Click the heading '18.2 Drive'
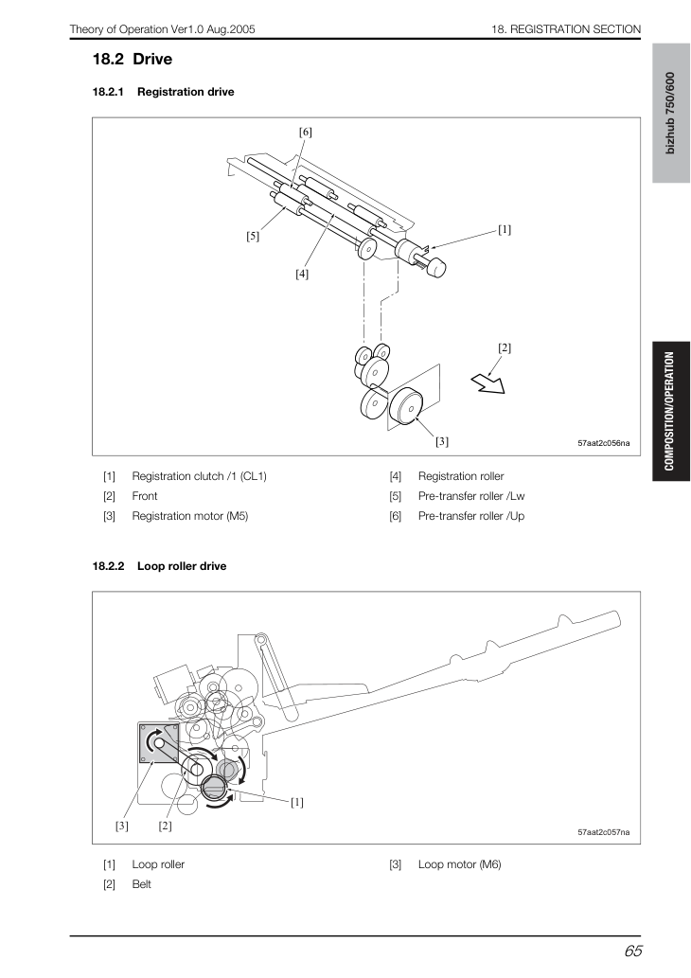point(133,60)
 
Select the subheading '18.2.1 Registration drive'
point(164,92)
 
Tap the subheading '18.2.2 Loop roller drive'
point(159,566)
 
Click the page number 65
point(632,951)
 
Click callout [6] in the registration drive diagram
point(305,133)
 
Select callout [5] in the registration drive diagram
point(252,237)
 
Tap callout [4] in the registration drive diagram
point(302,274)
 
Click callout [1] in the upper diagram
point(505,229)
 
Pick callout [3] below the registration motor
point(441,441)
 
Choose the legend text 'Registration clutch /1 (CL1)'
point(199,476)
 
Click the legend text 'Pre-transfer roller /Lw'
point(471,496)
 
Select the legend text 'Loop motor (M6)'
point(460,864)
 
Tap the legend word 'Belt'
point(142,884)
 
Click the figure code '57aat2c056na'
point(604,443)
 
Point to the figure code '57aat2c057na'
point(604,832)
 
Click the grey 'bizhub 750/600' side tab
point(671,113)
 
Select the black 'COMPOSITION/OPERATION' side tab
point(671,411)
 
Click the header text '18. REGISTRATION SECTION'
point(566,29)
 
